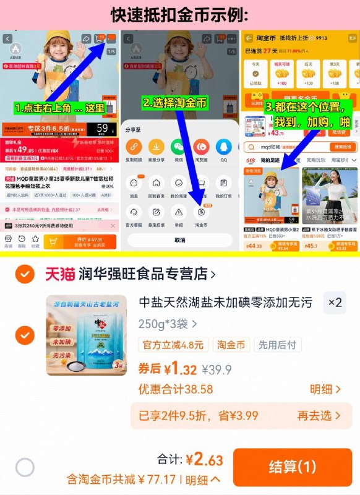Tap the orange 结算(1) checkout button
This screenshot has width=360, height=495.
pos(292,467)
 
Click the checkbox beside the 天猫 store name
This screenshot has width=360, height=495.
pos(25,273)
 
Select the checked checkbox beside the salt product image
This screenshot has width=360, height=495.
pos(25,335)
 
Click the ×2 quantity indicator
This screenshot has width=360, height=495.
pos(335,303)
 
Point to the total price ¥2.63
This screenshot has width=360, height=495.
pos(204,459)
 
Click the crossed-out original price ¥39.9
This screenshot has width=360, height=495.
pos(218,370)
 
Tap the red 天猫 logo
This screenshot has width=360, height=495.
pos(59,273)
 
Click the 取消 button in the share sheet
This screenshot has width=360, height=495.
pos(179,240)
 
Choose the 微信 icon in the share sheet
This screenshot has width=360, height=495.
pos(179,148)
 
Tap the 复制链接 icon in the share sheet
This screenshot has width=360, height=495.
pos(134,148)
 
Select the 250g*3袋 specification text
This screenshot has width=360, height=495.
pos(167,323)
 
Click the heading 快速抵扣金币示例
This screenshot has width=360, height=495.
pos(179,14)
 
